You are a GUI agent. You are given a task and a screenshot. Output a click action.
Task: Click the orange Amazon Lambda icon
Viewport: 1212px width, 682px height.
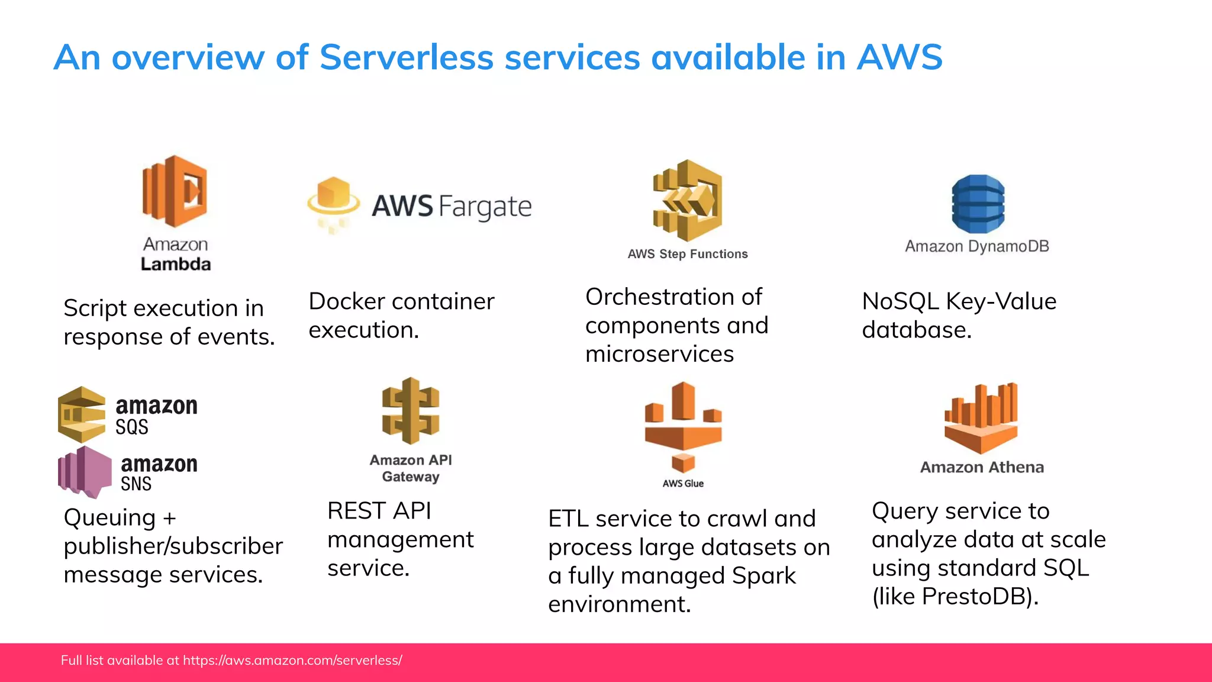pyautogui.click(x=175, y=191)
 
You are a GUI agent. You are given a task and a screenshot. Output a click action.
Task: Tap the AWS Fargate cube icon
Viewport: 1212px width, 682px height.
pyautogui.click(x=334, y=202)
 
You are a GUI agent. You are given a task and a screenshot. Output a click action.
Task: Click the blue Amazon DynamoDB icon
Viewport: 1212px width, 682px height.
pyautogui.click(x=978, y=203)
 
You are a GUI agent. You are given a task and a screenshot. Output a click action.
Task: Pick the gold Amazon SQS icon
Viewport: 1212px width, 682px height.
pyautogui.click(x=82, y=414)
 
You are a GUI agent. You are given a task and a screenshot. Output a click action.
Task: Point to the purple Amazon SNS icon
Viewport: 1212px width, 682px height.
pyautogui.click(x=85, y=472)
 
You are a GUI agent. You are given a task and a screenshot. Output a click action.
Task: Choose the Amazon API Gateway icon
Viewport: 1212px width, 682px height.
pyautogui.click(x=411, y=411)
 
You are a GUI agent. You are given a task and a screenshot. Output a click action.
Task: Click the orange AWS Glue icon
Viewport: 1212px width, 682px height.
pyautogui.click(x=683, y=427)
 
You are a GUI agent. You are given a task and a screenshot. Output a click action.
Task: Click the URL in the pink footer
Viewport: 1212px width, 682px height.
pyautogui.click(x=292, y=661)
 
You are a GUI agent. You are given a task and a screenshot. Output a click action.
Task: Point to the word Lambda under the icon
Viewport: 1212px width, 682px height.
pyautogui.click(x=176, y=264)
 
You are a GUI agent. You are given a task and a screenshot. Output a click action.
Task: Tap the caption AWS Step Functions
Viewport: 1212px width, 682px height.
pyautogui.click(x=688, y=254)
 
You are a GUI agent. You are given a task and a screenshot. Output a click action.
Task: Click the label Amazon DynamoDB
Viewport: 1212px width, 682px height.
pyautogui.click(x=977, y=246)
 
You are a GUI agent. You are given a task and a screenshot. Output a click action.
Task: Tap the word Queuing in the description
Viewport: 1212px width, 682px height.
pyautogui.click(x=110, y=518)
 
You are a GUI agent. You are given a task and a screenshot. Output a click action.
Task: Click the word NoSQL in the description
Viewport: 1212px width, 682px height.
pyautogui.click(x=900, y=301)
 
